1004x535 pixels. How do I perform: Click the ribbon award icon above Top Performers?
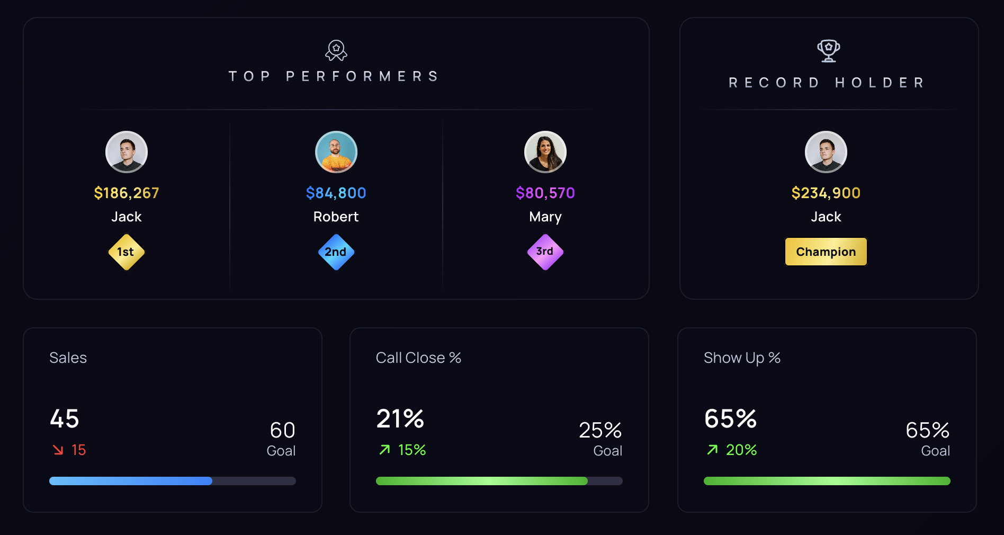[336, 50]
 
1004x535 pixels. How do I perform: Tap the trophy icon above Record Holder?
[828, 51]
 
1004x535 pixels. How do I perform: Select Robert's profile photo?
[336, 152]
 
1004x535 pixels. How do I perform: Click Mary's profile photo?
[545, 152]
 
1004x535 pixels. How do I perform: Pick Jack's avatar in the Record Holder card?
[826, 152]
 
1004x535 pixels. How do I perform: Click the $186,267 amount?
[127, 193]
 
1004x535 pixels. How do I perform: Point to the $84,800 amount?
[336, 193]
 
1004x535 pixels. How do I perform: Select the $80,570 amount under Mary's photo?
[545, 193]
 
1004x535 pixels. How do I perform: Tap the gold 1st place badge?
[126, 252]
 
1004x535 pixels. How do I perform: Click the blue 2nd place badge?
[336, 252]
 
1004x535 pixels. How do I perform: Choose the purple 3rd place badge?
[545, 252]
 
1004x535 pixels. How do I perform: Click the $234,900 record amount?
[826, 193]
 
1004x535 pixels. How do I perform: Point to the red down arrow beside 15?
[58, 450]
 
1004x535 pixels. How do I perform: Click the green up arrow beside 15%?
[385, 450]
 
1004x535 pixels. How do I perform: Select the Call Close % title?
[418, 358]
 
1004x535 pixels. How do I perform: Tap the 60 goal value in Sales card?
[282, 430]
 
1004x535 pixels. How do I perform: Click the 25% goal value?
[600, 430]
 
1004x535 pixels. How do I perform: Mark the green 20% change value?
[741, 450]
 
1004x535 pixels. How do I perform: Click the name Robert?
[336, 217]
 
